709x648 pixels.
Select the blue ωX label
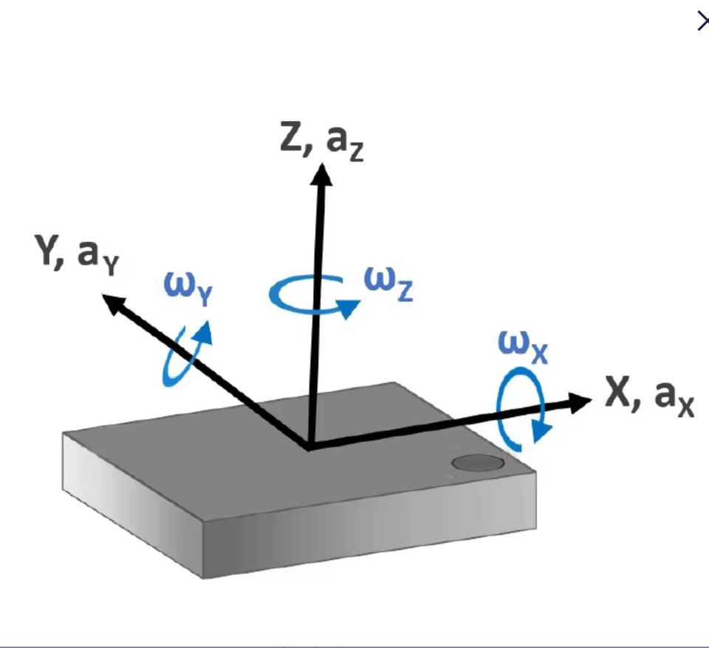point(523,345)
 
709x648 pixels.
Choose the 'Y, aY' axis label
point(76,255)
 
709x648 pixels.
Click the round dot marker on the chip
point(478,463)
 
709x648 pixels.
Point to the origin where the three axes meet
point(309,446)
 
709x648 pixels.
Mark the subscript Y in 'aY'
point(111,266)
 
